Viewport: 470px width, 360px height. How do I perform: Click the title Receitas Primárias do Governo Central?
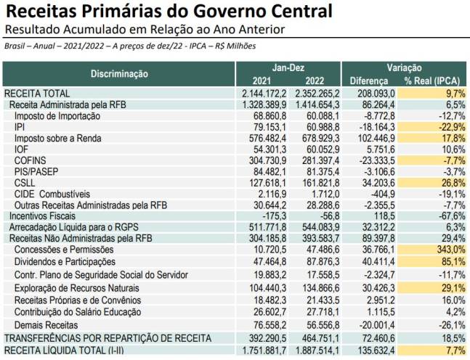point(169,12)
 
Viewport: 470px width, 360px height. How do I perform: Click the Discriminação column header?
point(119,73)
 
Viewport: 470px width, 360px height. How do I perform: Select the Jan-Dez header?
point(288,67)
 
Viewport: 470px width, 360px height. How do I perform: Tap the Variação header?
point(405,67)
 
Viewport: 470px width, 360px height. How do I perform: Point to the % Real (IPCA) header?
point(434,80)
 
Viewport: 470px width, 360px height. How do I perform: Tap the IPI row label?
point(20,127)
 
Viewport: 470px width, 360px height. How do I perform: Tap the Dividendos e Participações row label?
point(65,261)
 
